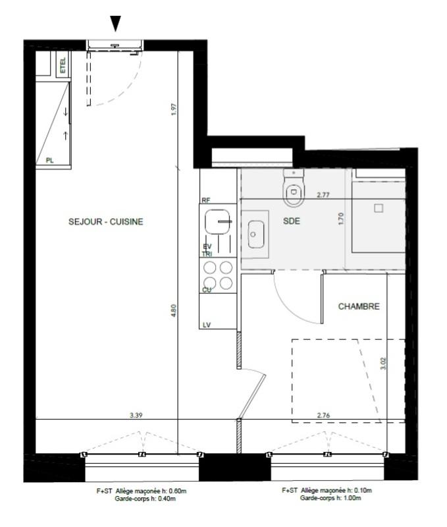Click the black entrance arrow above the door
tap(116, 24)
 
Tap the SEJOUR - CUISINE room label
tap(105, 222)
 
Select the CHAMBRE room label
tap(359, 306)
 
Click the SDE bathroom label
tap(292, 221)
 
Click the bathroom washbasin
tap(256, 234)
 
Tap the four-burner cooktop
tap(218, 275)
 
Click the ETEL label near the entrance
tap(63, 66)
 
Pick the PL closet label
tap(50, 160)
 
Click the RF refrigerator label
tap(205, 199)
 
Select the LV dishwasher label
tap(205, 324)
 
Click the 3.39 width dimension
tap(136, 415)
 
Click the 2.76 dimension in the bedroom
tap(323, 415)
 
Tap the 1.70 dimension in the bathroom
tap(341, 219)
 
